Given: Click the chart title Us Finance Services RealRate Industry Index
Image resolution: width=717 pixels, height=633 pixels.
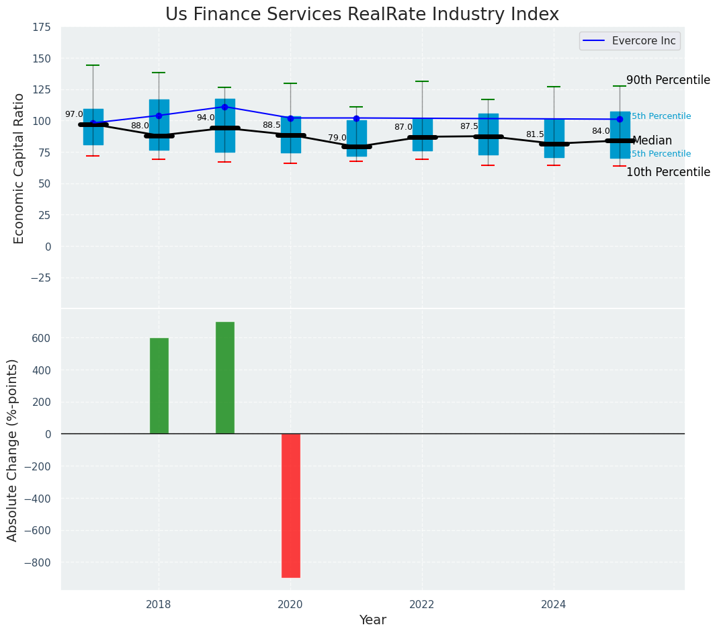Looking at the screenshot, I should tap(362, 14).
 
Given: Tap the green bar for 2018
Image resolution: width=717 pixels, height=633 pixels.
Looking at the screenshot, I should tap(159, 386).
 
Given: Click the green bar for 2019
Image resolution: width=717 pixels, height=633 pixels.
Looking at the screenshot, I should tap(224, 378).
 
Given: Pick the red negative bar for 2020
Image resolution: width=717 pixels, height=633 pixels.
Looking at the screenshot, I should tap(290, 505).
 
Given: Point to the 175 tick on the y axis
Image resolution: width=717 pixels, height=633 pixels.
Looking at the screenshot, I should tap(41, 27).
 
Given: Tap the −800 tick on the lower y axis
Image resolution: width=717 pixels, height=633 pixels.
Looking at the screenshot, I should tap(38, 563).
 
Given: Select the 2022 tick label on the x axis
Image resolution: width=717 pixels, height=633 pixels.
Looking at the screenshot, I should tap(422, 605).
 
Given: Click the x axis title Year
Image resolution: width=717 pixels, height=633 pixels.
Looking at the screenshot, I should tap(372, 620).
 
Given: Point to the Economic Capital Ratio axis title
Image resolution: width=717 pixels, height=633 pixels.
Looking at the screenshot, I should tap(19, 168).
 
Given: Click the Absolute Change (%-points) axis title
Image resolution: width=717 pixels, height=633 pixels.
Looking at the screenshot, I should tap(13, 450).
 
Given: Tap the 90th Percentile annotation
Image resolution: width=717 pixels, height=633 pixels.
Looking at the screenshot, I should tap(668, 81).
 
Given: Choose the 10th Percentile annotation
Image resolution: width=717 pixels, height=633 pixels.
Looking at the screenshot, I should tap(668, 173).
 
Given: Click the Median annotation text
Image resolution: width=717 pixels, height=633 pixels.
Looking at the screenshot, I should tap(652, 141).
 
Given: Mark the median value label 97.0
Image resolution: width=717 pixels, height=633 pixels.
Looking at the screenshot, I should tap(74, 115).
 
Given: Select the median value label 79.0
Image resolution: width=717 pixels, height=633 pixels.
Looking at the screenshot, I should tap(337, 138).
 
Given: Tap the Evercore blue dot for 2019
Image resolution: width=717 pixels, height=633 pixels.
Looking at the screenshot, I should tap(224, 107).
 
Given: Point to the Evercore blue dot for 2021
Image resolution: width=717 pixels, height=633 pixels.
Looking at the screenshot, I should tap(356, 118).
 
